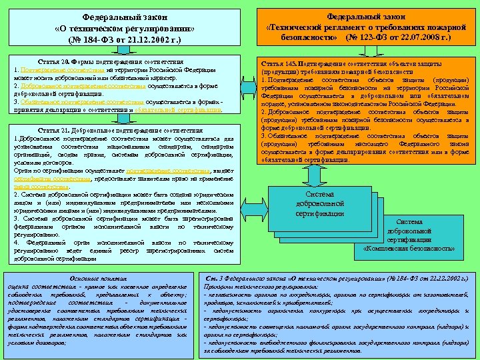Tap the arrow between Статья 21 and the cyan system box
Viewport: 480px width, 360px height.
click(254, 199)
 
